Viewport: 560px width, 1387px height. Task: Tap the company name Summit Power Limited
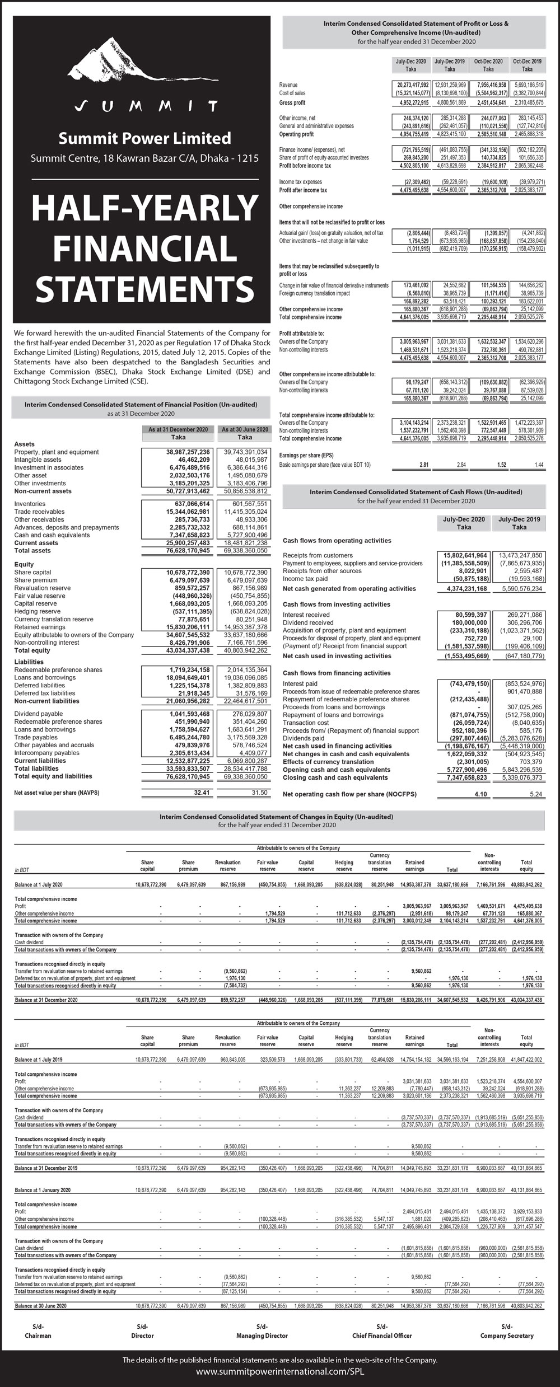tap(145, 138)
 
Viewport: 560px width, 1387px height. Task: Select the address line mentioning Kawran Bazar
tap(145, 158)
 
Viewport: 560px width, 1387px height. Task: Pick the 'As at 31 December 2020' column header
tap(178, 429)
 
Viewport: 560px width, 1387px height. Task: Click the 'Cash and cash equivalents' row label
tap(44, 535)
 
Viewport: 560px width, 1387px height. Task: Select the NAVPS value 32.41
tap(202, 793)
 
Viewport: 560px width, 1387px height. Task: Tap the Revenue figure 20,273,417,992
tap(409, 85)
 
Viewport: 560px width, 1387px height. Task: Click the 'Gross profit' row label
tap(292, 103)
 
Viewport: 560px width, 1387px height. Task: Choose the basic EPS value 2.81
tap(424, 465)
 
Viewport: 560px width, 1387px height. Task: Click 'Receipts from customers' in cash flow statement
tap(318, 555)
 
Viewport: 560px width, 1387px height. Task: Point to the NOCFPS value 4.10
tap(481, 794)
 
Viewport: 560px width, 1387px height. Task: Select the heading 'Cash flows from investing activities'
tap(337, 605)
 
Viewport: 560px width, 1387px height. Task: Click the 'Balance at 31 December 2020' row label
tap(46, 1000)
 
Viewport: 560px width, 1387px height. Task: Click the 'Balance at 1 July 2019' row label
tap(39, 1060)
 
